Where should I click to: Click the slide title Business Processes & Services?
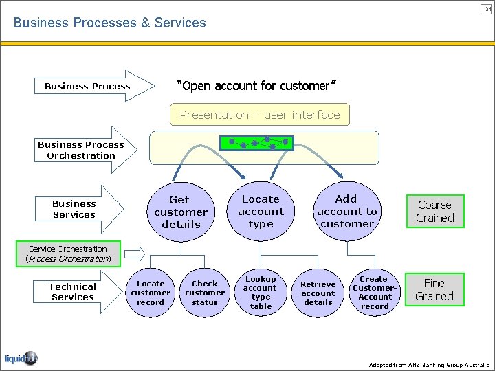(x=109, y=23)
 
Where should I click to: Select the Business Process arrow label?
(x=88, y=87)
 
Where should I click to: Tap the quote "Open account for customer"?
(x=256, y=86)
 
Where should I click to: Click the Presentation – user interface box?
(x=260, y=115)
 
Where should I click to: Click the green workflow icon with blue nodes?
(x=256, y=144)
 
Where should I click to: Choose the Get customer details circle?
(x=181, y=212)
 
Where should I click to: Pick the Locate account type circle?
(x=261, y=211)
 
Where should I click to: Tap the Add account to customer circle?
(x=346, y=211)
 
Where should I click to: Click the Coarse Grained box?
(x=434, y=212)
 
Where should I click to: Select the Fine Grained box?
(x=434, y=289)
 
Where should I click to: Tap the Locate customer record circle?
(x=151, y=293)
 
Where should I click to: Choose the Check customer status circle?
(x=204, y=293)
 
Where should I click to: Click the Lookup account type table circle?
(x=261, y=293)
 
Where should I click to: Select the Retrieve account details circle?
(x=318, y=293)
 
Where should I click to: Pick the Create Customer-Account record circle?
(x=375, y=293)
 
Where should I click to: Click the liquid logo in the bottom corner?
(x=21, y=358)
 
